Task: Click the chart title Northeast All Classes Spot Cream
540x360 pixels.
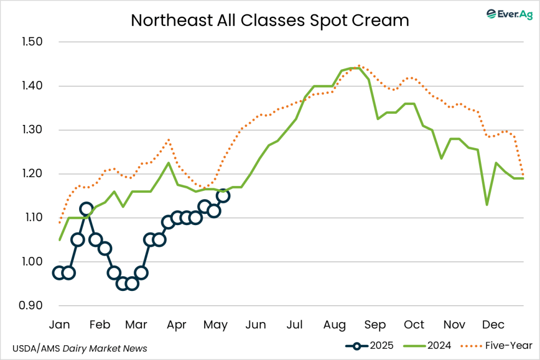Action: pos(269,20)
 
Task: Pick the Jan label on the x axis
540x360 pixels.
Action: pos(59,324)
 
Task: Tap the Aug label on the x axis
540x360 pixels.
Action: pos(335,324)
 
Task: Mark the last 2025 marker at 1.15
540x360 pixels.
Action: pos(223,196)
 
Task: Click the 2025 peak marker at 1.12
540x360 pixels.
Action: pos(86,209)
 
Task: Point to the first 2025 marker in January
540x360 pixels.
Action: pos(59,273)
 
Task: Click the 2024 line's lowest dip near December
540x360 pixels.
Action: pos(487,205)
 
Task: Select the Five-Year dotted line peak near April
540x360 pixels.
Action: pos(168,140)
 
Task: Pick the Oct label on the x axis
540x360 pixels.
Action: pos(414,324)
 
